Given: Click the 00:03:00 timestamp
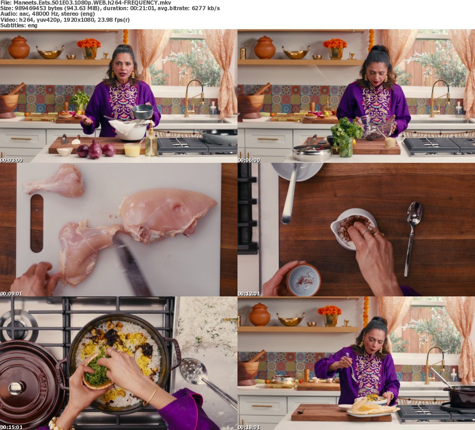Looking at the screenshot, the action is click(11, 160).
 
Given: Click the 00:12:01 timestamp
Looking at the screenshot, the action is click(249, 293).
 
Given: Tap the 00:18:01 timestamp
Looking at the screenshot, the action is click(249, 427).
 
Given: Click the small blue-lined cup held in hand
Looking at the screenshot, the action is click(303, 279).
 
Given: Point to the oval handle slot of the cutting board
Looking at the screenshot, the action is click(37, 223).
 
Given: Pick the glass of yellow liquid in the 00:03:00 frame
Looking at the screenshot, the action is click(132, 150).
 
